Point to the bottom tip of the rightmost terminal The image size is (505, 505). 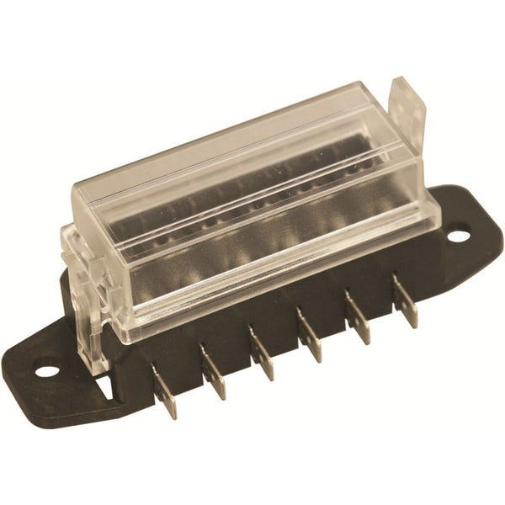pos(412,323)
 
